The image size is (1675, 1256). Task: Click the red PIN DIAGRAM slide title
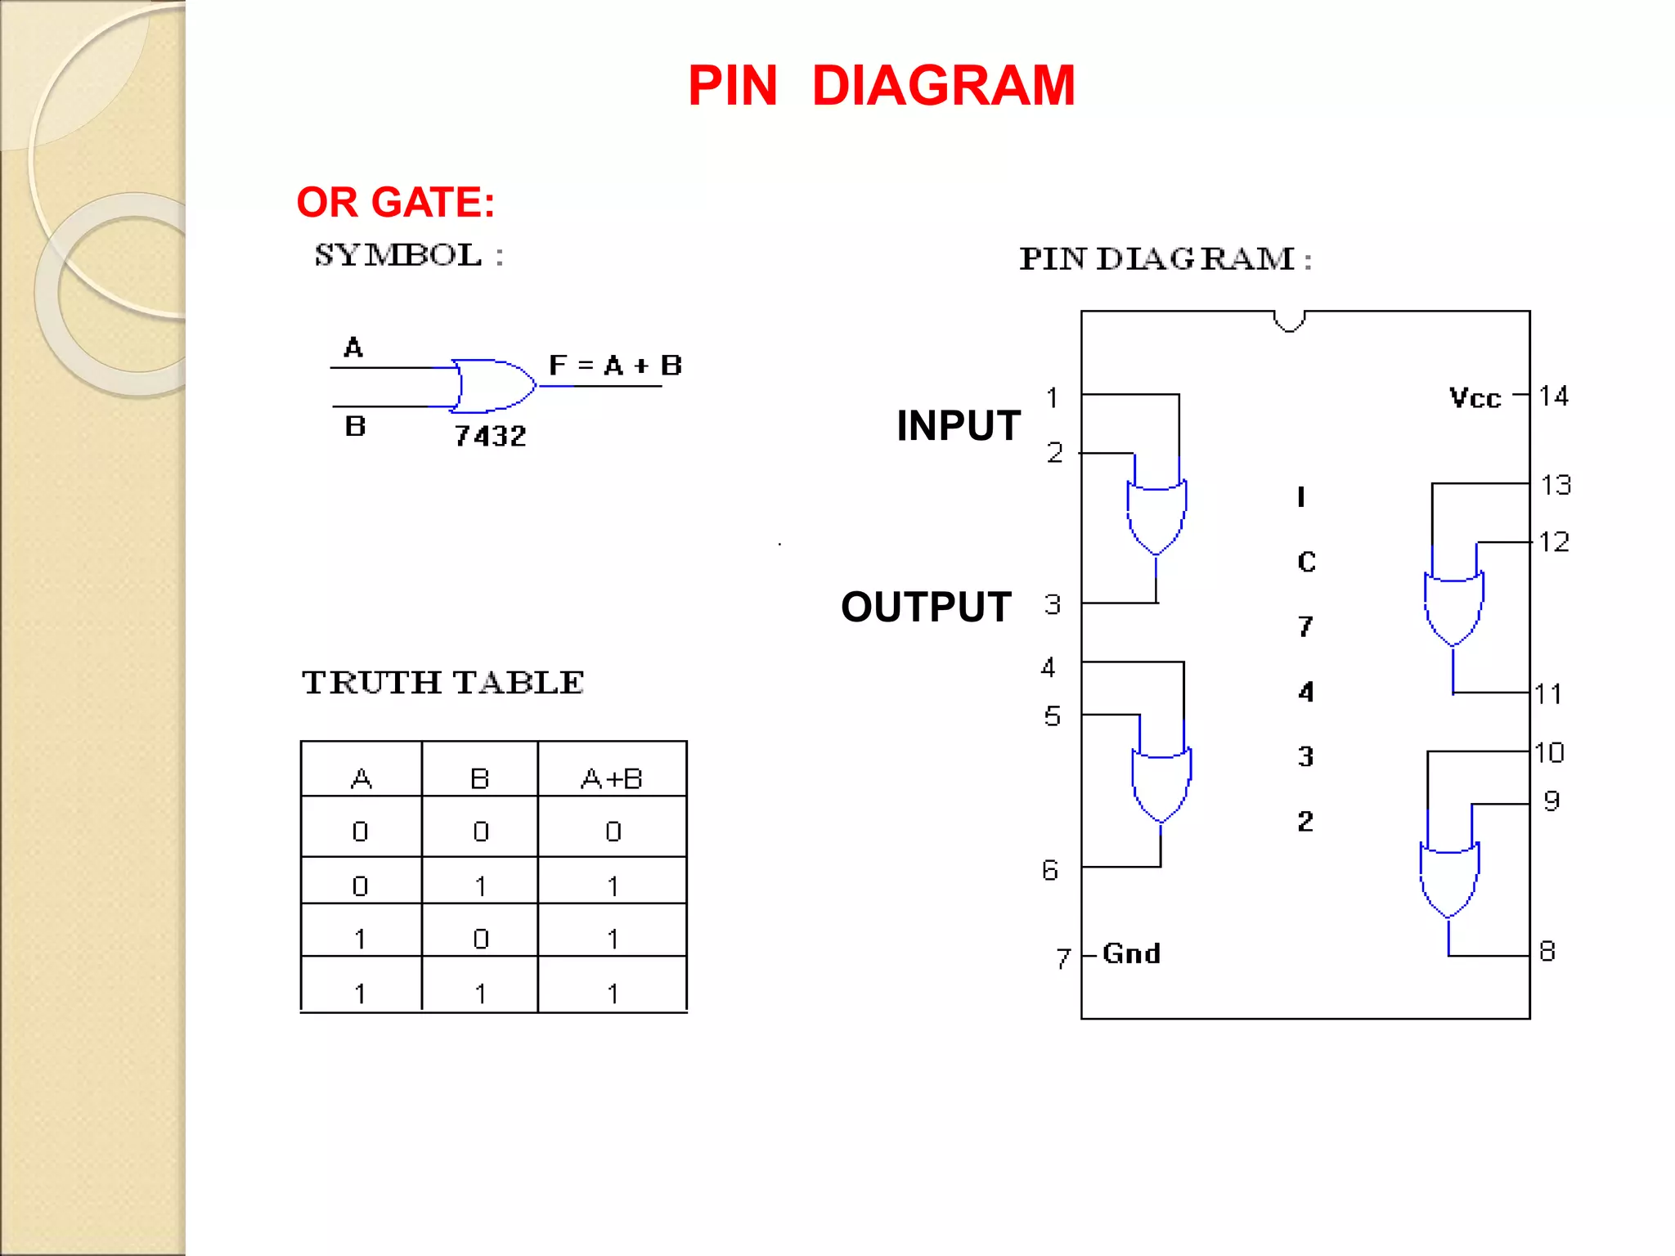[881, 86]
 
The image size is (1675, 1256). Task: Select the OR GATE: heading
[396, 202]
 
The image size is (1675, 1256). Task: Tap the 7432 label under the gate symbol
[490, 436]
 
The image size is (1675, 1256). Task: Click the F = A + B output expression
[615, 366]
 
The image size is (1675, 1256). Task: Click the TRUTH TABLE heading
[442, 683]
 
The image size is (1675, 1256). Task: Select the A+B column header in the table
[612, 778]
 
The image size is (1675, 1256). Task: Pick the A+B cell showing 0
[613, 832]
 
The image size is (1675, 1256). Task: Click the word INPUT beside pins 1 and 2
[958, 426]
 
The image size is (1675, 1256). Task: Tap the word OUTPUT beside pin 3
[926, 608]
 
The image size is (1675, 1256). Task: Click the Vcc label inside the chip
[1475, 398]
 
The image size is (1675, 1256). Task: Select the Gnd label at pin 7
[1131, 953]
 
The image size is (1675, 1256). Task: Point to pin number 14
[1553, 397]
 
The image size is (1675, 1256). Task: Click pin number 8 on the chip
[1547, 951]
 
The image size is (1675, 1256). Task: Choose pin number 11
[1547, 694]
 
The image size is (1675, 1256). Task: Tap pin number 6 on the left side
[1050, 870]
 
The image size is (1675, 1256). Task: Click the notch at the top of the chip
[1289, 321]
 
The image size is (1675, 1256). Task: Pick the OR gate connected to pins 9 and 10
[1448, 881]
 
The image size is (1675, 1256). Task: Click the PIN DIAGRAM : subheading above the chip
[1165, 259]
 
